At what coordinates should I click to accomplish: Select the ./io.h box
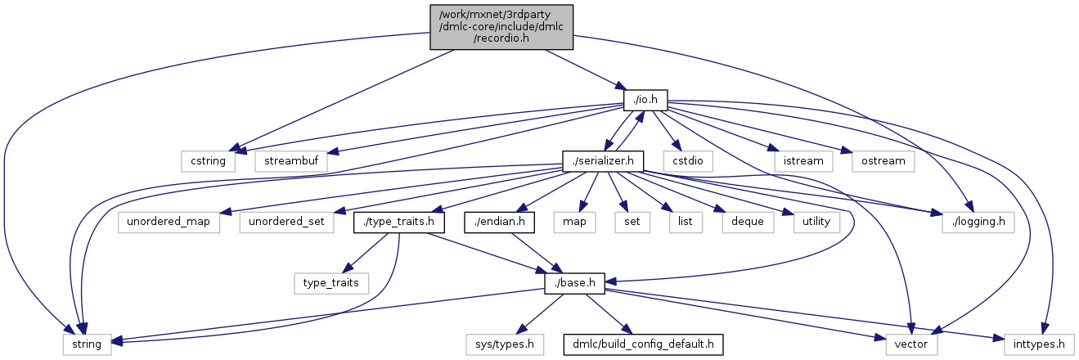[645, 100]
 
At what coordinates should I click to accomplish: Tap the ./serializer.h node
[603, 160]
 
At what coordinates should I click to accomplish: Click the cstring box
[208, 160]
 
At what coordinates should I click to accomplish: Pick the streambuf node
[290, 160]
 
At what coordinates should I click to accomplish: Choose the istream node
[803, 160]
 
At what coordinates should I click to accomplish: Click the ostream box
[883, 160]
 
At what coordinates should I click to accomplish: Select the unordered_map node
[169, 222]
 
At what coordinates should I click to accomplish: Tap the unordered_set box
[281, 222]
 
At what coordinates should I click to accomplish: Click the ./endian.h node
[499, 222]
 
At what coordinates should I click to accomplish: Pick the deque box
[745, 222]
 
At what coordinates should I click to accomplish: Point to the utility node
[816, 222]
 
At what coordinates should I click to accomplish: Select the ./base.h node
[574, 283]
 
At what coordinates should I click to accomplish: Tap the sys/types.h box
[506, 344]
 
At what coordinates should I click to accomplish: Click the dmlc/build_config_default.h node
[643, 344]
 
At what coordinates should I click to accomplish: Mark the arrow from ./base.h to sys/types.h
[541, 313]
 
